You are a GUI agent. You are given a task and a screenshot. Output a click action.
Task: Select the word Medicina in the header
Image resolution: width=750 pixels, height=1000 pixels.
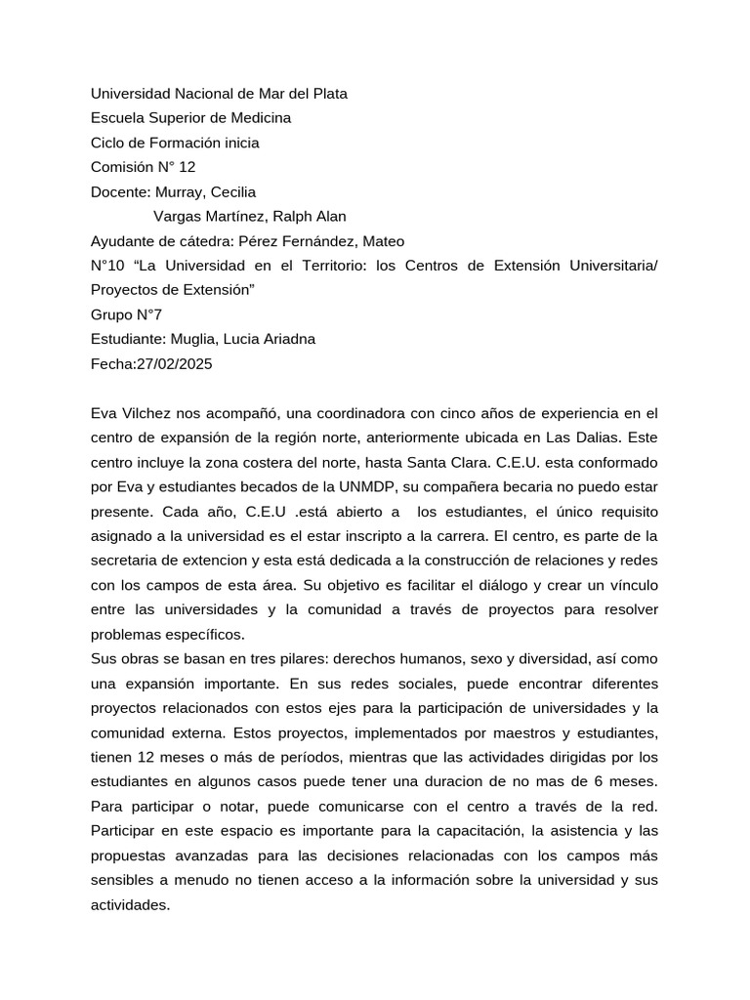click(x=261, y=118)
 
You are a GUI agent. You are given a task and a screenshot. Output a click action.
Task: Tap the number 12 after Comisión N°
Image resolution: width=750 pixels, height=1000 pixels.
click(x=187, y=167)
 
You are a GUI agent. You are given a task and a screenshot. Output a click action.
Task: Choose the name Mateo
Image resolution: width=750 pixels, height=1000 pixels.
click(x=383, y=241)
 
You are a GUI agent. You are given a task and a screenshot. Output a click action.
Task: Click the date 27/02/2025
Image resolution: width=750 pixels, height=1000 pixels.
click(x=176, y=363)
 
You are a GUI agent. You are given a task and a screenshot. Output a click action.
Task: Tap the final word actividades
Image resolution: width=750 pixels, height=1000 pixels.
click(x=129, y=905)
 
